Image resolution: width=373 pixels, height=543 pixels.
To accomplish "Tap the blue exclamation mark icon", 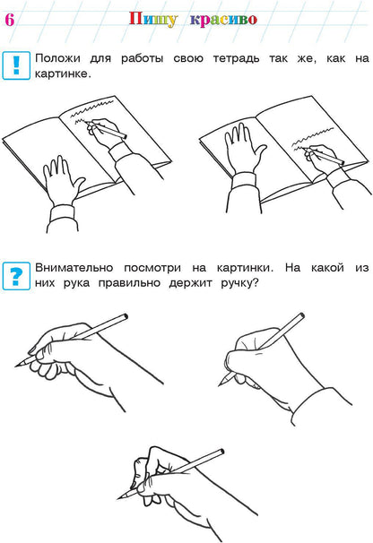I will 15,65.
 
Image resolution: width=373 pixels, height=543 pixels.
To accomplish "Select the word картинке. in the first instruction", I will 63,75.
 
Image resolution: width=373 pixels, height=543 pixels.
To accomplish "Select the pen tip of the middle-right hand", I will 221,384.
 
